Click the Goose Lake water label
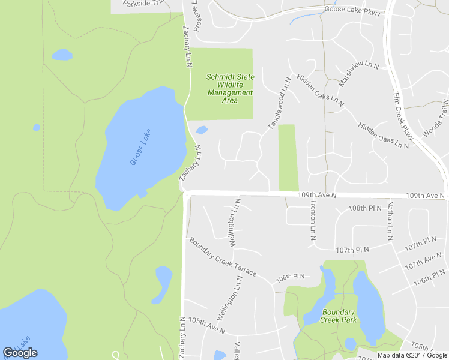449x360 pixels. pyautogui.click(x=140, y=148)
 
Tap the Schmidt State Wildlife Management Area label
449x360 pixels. pyautogui.click(x=230, y=89)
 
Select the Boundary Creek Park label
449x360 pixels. pyautogui.click(x=339, y=316)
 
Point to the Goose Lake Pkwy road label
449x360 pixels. pyautogui.click(x=352, y=10)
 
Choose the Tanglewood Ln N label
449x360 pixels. pyautogui.click(x=279, y=103)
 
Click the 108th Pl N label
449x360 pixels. pyautogui.click(x=365, y=208)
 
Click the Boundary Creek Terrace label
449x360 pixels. pyautogui.click(x=223, y=258)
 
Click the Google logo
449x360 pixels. pyautogui.click(x=20, y=353)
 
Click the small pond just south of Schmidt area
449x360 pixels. pyautogui.click(x=202, y=130)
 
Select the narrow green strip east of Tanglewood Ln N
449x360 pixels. pyautogui.click(x=288, y=157)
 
